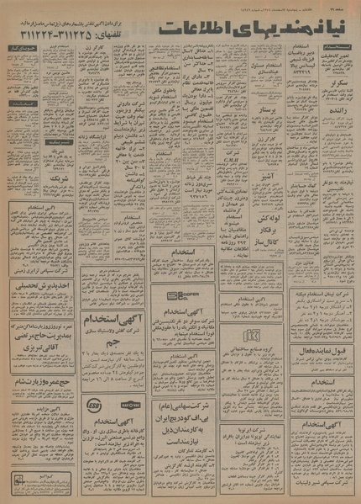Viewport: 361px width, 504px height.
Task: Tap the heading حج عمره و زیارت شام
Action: [x=42, y=381]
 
